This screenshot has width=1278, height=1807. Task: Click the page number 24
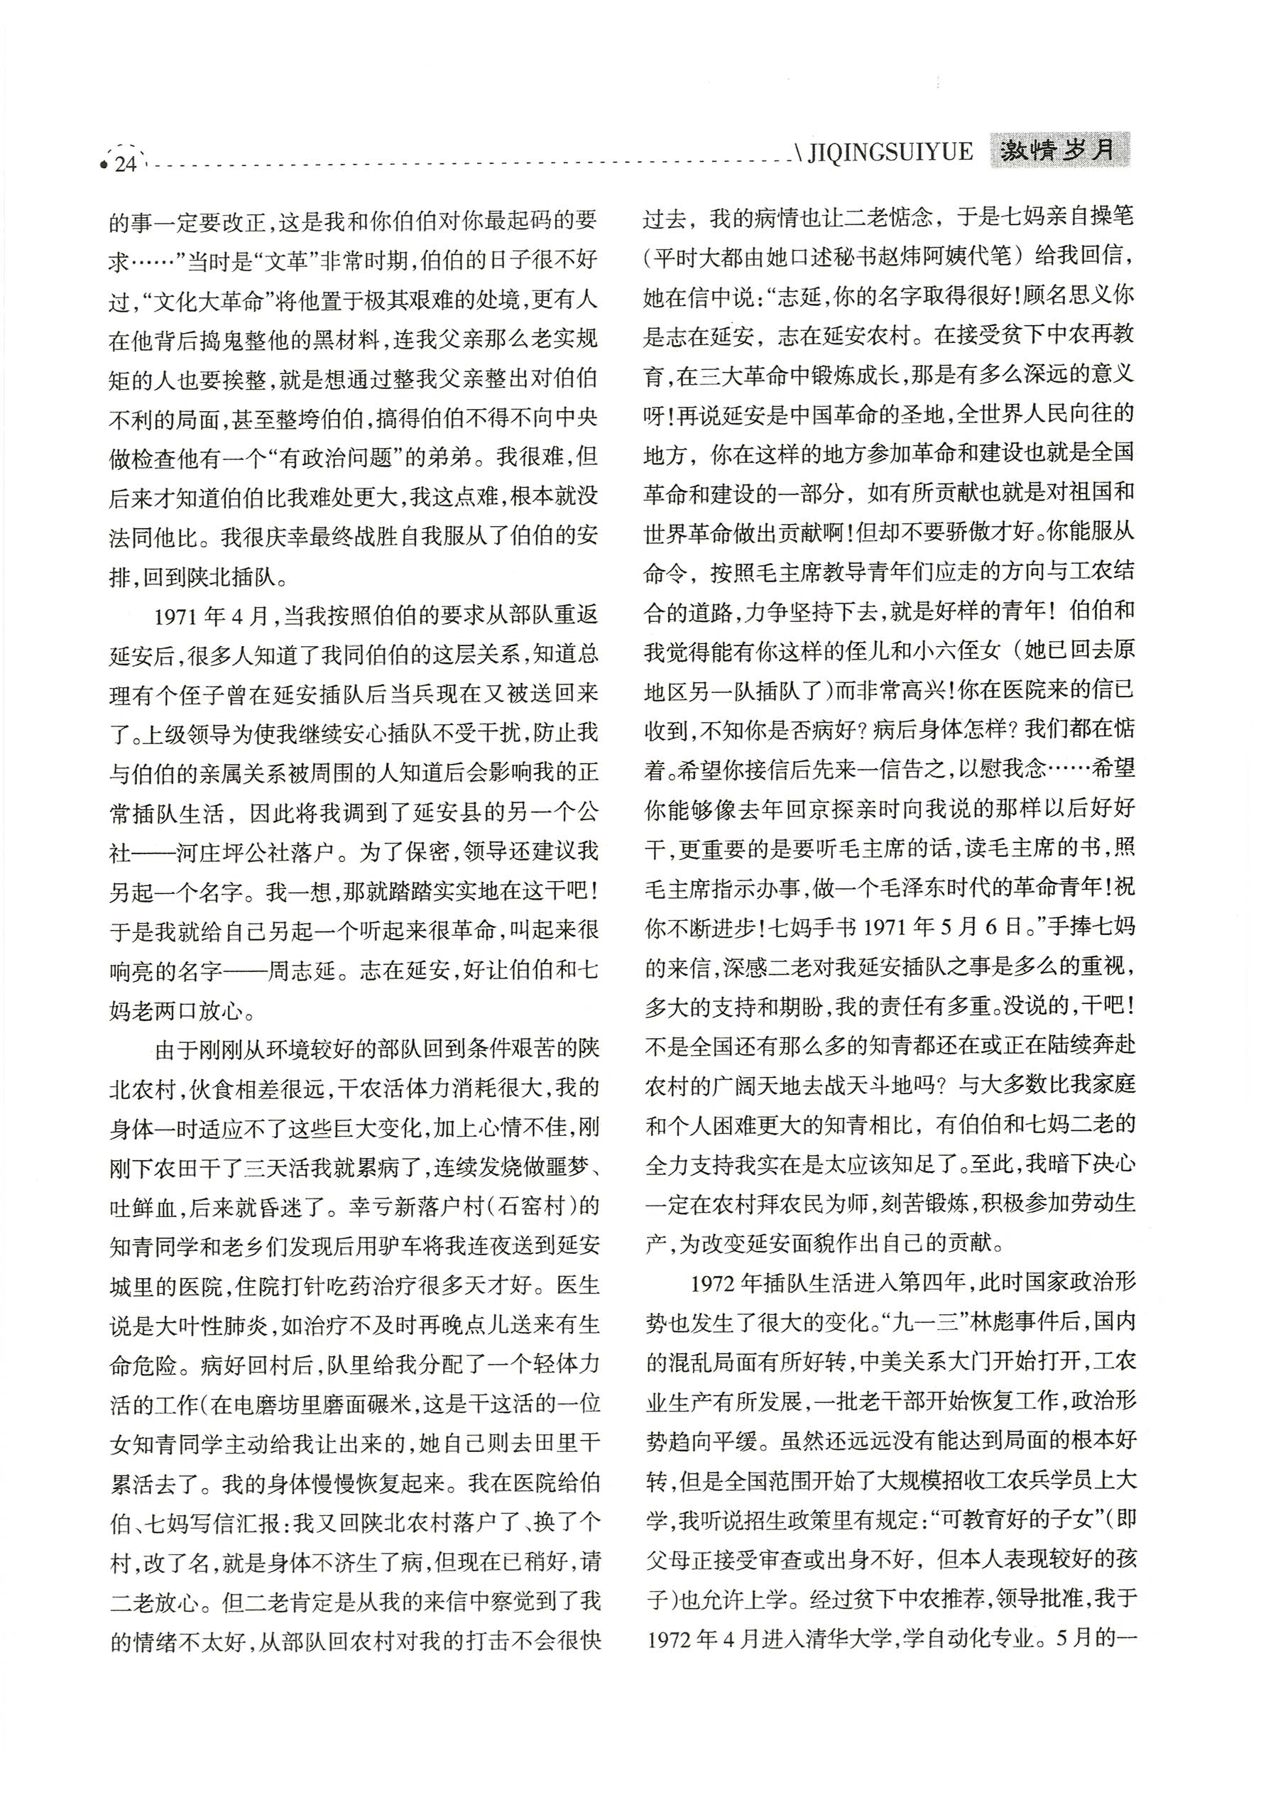pos(126,164)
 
